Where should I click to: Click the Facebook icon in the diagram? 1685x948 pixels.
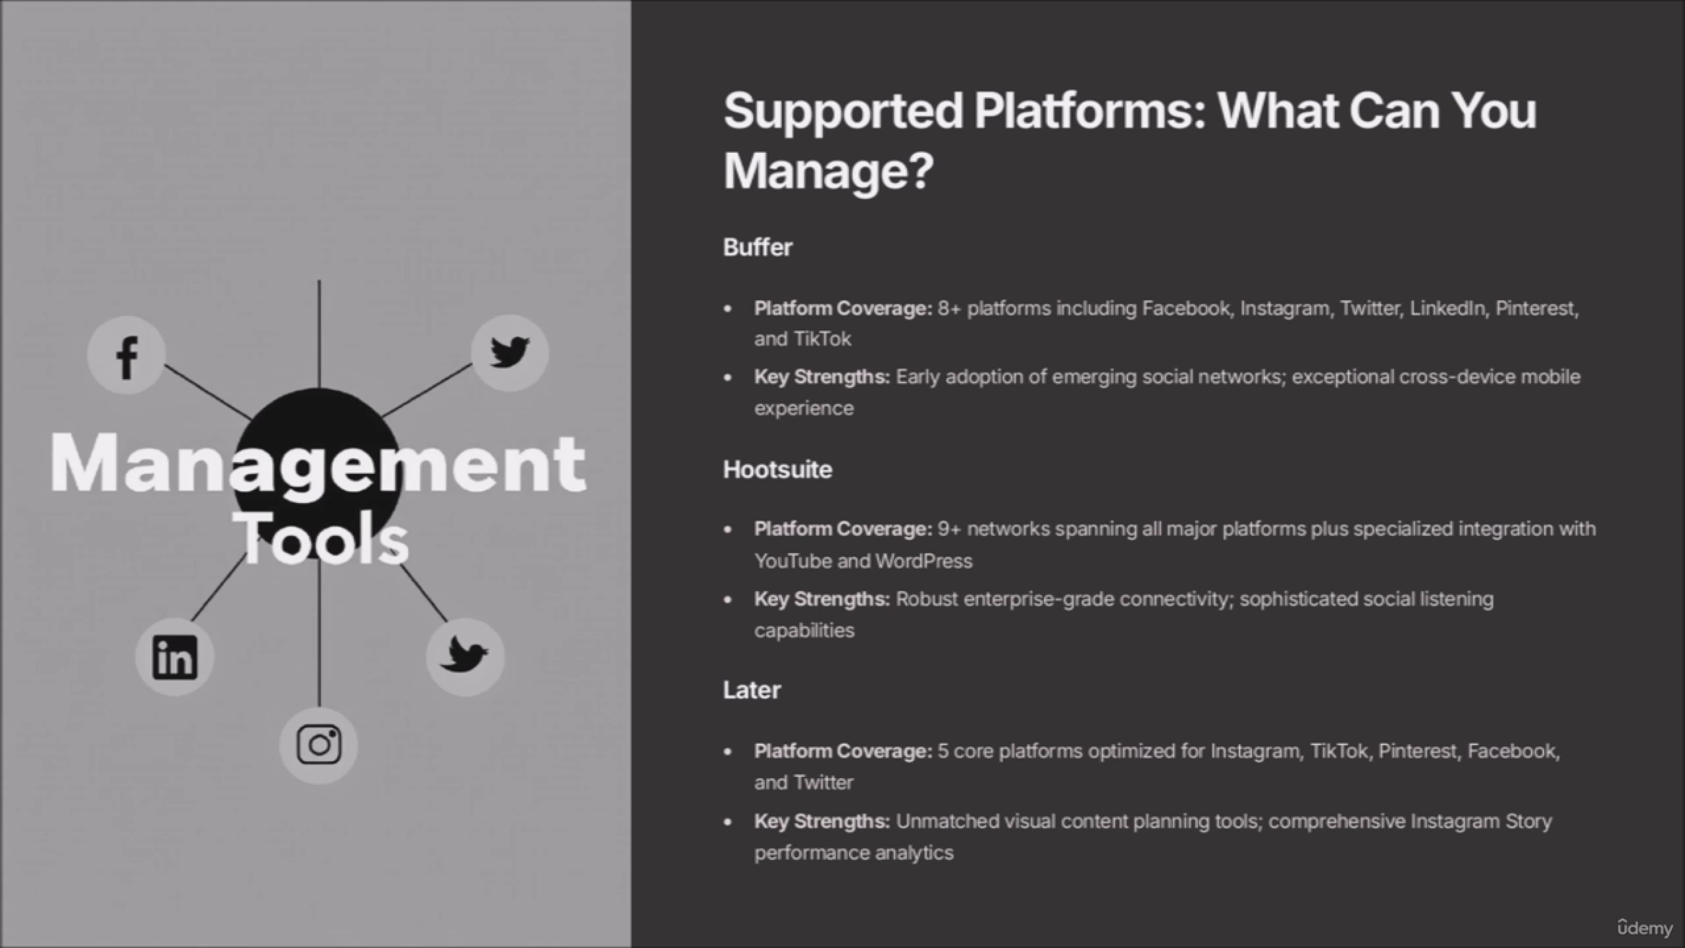[126, 355]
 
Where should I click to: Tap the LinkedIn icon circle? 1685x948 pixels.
[175, 657]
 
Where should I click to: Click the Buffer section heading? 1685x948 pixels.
[757, 247]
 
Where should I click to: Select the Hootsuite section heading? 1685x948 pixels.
[777, 469]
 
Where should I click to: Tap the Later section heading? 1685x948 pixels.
[752, 689]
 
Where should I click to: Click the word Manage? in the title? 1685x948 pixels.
[828, 170]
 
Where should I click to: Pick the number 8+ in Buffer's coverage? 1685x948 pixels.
[949, 308]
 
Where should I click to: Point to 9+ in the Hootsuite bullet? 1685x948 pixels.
[949, 528]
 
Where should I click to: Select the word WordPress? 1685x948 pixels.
[924, 561]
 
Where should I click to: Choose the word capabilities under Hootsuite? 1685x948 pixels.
[804, 631]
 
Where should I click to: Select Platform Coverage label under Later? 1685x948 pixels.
[843, 751]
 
